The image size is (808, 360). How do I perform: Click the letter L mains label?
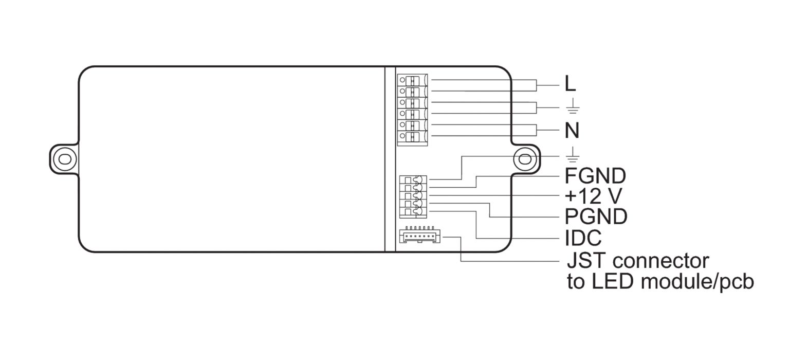tap(570, 84)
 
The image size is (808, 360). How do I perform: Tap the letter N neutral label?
tap(572, 131)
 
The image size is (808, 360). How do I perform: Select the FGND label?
tap(595, 176)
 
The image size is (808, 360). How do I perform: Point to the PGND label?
tap(596, 217)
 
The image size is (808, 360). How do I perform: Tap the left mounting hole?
tap(65, 159)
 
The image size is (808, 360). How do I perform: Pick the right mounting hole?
tap(525, 159)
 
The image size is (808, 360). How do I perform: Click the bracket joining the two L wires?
tap(537, 85)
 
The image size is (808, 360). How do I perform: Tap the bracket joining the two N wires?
tap(537, 130)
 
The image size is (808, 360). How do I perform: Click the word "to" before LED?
tap(576, 282)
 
